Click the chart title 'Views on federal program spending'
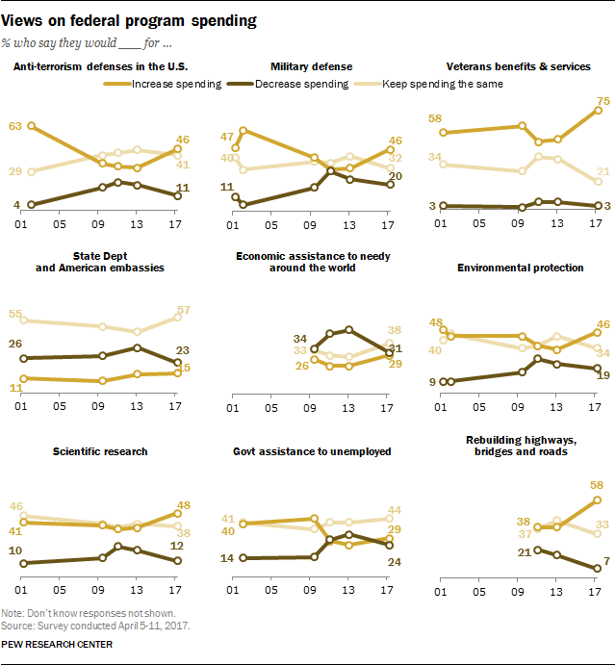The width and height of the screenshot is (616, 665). click(135, 20)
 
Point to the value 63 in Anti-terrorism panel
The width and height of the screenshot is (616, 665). click(15, 125)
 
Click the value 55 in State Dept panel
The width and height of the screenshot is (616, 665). click(15, 314)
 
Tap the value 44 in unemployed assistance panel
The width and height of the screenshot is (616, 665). click(393, 510)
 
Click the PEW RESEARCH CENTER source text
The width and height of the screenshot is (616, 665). click(58, 644)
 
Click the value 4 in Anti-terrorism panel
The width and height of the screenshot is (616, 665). click(16, 204)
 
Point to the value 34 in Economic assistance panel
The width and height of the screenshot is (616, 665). click(298, 339)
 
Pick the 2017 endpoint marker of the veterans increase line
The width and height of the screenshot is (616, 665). click(598, 110)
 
